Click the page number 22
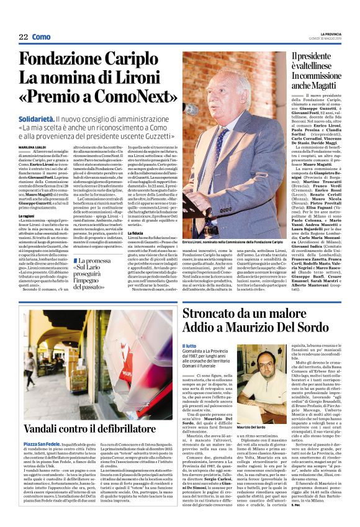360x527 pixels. click(x=23, y=37)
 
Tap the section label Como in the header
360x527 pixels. click(x=41, y=37)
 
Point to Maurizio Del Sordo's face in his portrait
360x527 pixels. click(x=318, y=363)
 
